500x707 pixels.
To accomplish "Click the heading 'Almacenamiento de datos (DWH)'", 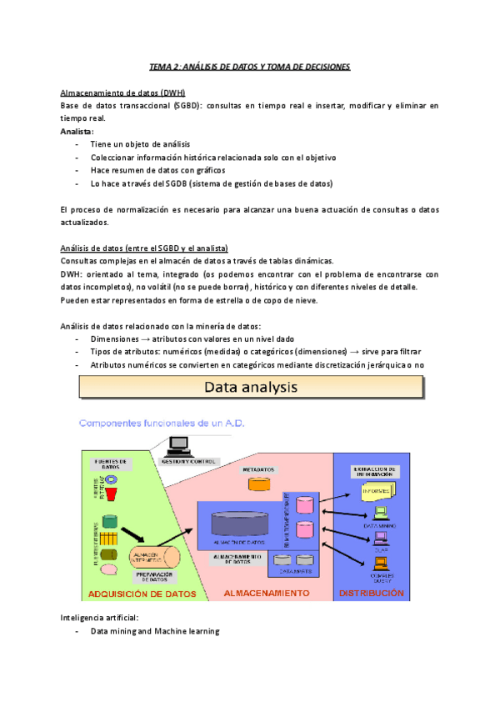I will tap(123, 93).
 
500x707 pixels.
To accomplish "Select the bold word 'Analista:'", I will tap(77, 132).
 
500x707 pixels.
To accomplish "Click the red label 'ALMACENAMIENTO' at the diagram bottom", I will tap(267, 594).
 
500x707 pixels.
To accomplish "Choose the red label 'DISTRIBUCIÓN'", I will tap(372, 594).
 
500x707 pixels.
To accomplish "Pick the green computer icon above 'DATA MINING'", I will tap(381, 514).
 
